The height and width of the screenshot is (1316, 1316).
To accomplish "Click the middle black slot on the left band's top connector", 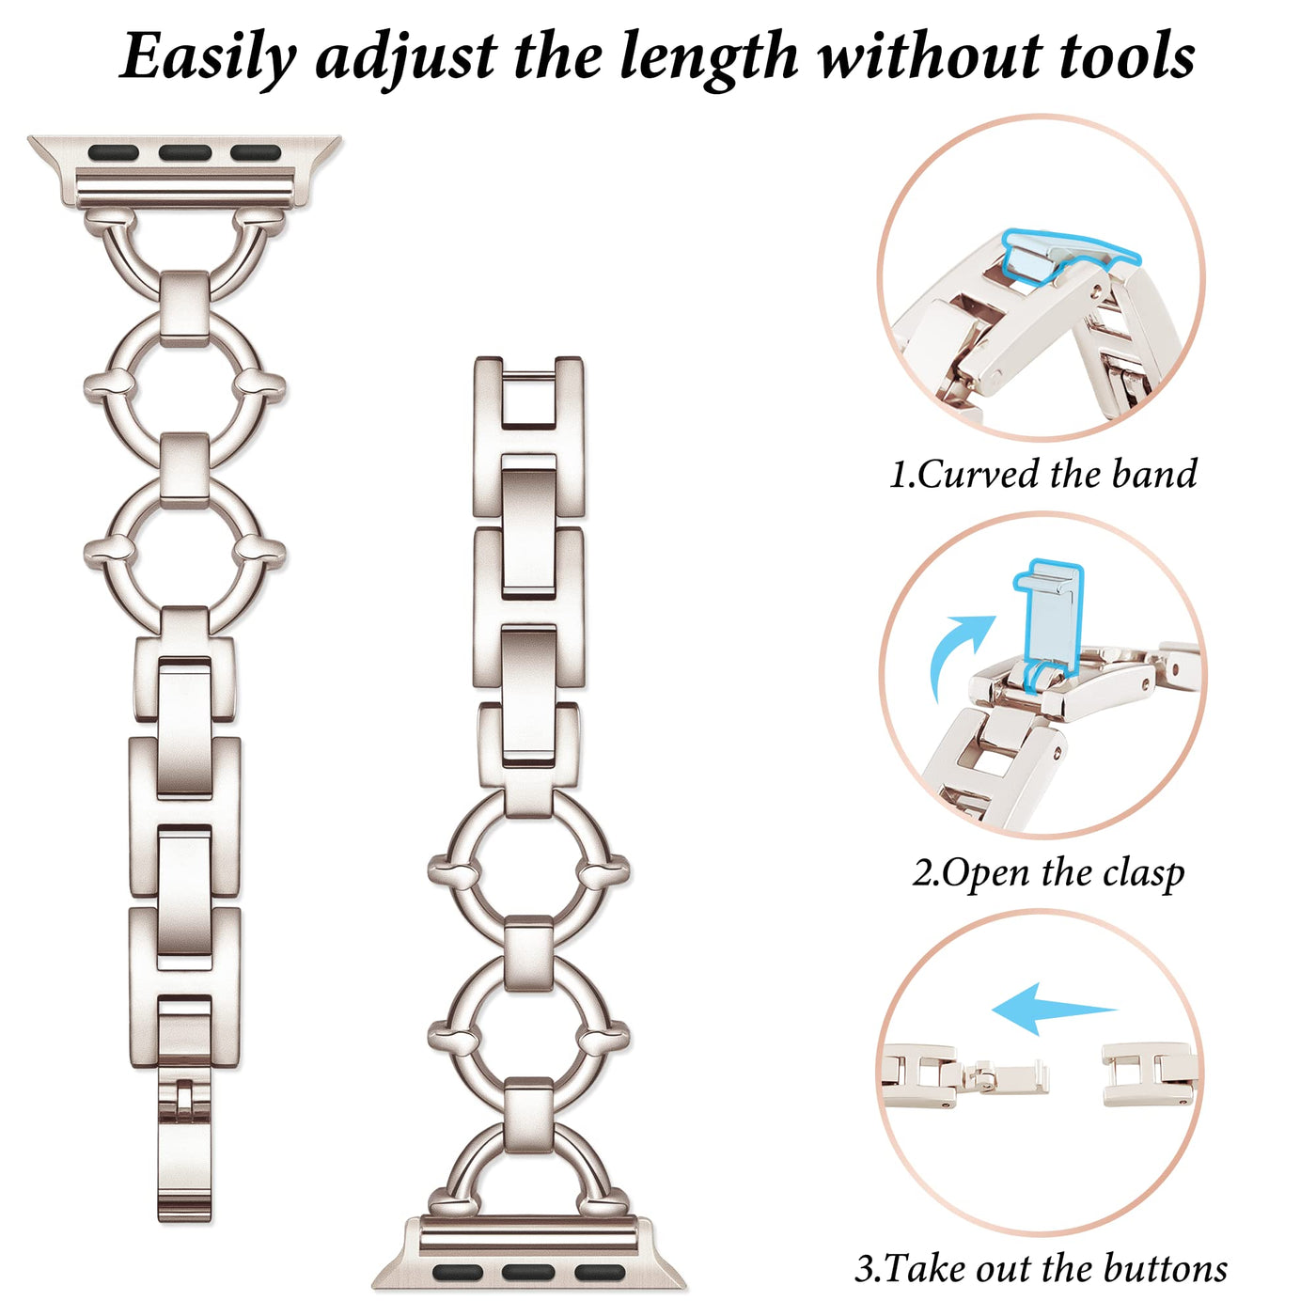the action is tap(185, 152).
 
